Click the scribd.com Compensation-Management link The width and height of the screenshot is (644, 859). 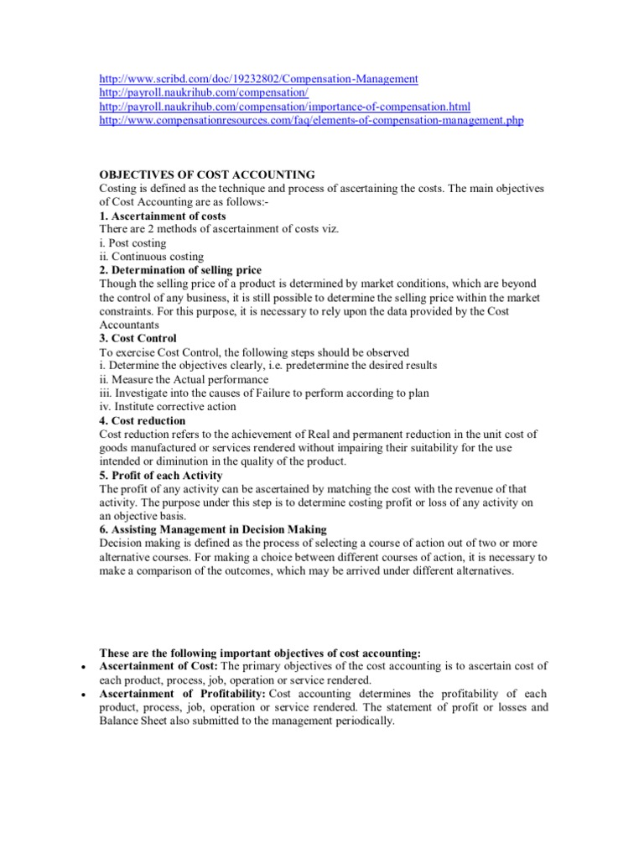[x=258, y=79]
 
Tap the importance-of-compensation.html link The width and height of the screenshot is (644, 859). [x=284, y=107]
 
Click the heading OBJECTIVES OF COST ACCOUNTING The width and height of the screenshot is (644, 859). [x=207, y=174]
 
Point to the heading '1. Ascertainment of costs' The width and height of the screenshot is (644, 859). [x=163, y=216]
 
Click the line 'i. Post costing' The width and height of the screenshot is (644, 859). [x=132, y=243]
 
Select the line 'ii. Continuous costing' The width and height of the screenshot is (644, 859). [x=151, y=257]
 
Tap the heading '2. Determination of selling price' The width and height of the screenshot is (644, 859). [x=180, y=270]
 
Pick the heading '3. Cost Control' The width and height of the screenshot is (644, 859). [x=138, y=338]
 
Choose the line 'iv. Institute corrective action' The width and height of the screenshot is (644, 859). [x=168, y=406]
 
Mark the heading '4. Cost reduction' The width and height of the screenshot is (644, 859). [x=143, y=420]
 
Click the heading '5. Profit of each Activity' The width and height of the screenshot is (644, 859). [x=161, y=475]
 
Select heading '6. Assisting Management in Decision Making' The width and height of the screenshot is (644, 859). [x=213, y=529]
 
